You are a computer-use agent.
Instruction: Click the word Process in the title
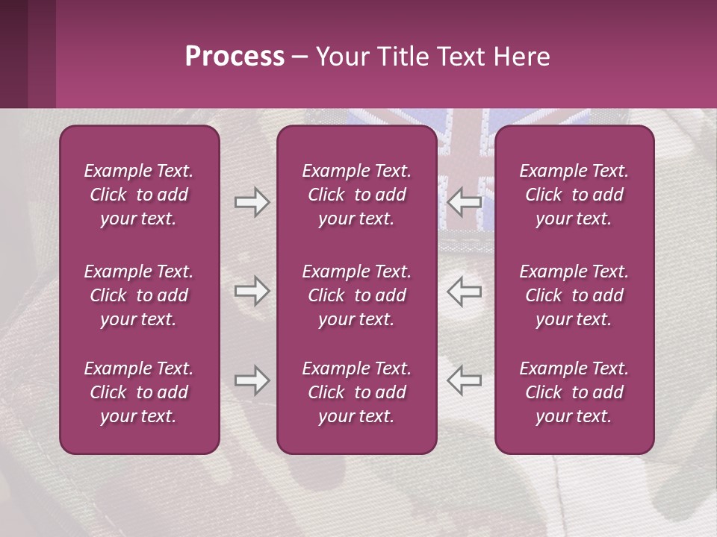(235, 57)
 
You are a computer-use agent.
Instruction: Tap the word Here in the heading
(521, 57)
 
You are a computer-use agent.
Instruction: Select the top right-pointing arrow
(252, 202)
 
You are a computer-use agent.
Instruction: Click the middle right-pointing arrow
(252, 291)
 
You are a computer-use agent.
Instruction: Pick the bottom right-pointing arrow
(252, 380)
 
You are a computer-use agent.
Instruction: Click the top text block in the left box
(139, 195)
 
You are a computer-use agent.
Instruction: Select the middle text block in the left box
(139, 295)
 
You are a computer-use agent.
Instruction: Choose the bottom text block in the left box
(139, 392)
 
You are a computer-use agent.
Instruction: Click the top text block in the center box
(357, 195)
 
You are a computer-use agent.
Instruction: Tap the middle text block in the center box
(357, 295)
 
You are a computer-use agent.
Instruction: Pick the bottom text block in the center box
(357, 392)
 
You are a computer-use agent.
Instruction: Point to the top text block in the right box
(574, 195)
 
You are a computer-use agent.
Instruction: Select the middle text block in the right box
(574, 295)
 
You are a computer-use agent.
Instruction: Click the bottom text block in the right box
(574, 392)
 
